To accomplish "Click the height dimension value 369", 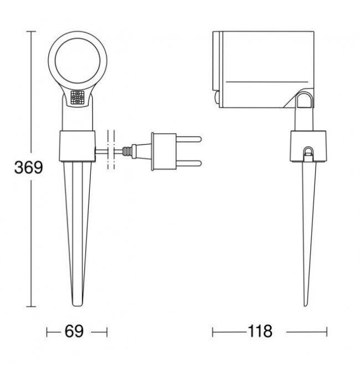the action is click(29, 167).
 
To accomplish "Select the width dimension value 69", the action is click(74, 331).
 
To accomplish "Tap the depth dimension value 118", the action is click(260, 331).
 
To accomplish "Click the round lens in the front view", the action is click(78, 60).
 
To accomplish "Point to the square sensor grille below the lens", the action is click(78, 97).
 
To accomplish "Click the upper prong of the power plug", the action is click(189, 139).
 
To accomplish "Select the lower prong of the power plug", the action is click(189, 163).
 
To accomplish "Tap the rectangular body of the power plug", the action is click(164, 151).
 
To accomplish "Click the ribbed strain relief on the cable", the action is click(127, 151).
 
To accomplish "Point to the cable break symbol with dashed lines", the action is click(111, 150).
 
